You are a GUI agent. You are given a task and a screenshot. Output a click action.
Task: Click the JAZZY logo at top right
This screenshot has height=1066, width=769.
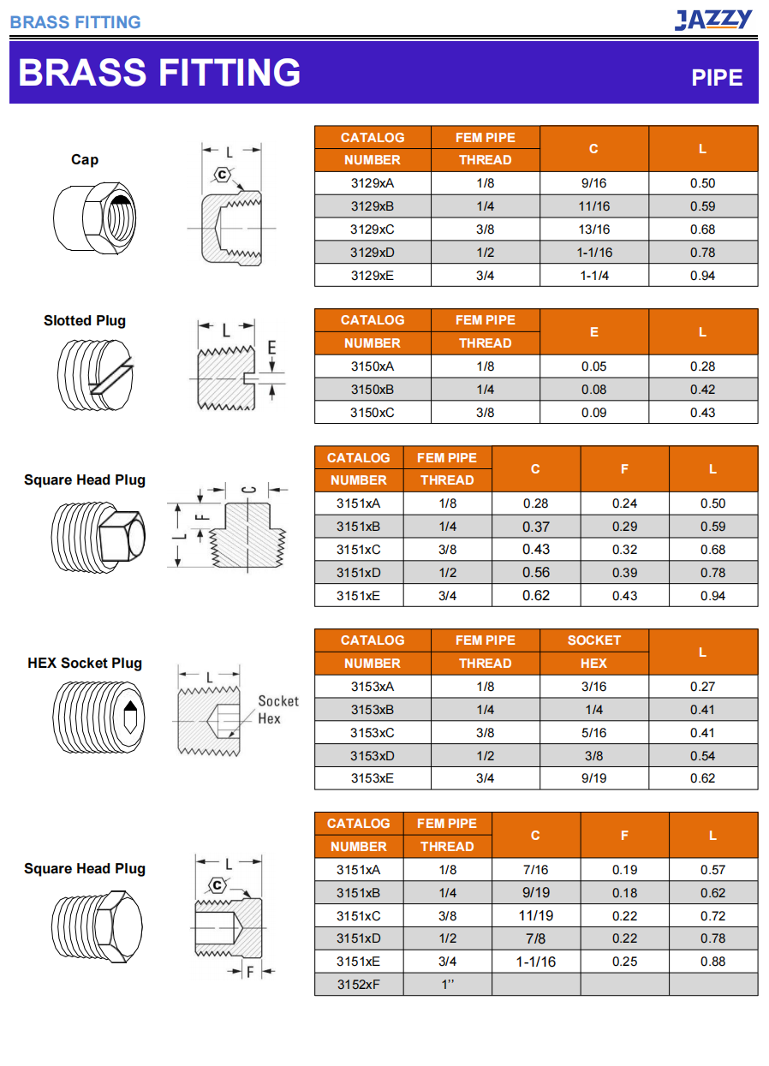pos(713,19)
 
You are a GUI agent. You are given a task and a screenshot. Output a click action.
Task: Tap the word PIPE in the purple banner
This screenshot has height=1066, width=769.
pos(717,78)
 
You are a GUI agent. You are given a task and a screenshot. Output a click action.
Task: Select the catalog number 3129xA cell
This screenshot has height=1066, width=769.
pos(373,183)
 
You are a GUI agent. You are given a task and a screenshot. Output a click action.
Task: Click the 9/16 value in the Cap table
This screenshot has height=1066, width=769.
pos(593,183)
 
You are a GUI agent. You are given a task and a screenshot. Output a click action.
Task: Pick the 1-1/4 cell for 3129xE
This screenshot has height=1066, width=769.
pos(593,276)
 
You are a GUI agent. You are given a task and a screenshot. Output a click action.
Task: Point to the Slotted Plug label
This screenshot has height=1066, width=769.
pos(85,321)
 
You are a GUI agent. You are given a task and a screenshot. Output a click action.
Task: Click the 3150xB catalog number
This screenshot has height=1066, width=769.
pos(373,390)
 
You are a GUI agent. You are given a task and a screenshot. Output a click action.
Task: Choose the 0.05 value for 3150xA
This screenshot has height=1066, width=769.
pos(593,366)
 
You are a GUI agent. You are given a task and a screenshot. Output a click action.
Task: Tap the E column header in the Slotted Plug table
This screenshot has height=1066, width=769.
pos(593,331)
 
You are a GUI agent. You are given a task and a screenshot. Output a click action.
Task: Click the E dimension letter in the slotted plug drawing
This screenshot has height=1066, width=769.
pos(271,348)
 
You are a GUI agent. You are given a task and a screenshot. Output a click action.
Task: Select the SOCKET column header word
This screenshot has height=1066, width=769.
pos(593,640)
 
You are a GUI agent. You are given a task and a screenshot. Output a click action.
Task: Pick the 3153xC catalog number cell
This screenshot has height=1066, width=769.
pos(373,733)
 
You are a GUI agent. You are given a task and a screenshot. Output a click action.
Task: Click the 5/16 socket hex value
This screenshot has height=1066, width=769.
pos(593,733)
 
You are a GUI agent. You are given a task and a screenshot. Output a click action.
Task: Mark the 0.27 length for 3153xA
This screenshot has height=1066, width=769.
pos(702,687)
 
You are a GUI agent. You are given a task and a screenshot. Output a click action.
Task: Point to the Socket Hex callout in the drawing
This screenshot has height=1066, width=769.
pos(278,710)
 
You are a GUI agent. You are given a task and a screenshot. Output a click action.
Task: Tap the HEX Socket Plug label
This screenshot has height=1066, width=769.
pos(85,664)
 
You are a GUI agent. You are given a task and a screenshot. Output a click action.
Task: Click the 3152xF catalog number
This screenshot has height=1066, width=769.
pos(358,985)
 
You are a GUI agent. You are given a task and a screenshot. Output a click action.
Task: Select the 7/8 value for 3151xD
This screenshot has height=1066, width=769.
pos(535,938)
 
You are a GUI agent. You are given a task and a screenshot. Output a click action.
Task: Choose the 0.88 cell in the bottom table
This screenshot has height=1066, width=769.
pos(712,962)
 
